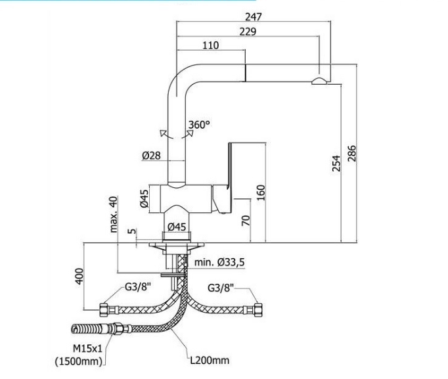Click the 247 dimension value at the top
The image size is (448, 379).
click(x=253, y=17)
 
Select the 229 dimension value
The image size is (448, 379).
click(x=247, y=31)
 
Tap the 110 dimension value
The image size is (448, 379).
click(x=211, y=45)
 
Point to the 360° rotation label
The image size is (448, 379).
click(x=198, y=124)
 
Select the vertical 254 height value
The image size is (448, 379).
click(x=336, y=163)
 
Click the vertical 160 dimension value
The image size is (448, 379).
click(x=261, y=193)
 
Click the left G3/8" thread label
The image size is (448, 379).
click(x=138, y=288)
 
